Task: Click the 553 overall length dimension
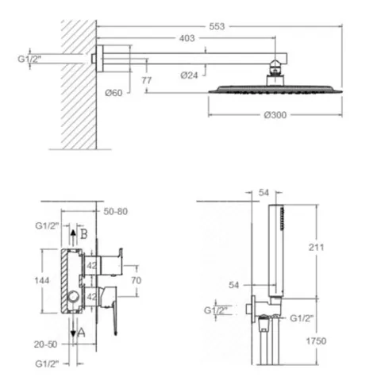click(217, 26)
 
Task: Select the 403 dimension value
click(187, 38)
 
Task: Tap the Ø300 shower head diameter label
click(275, 115)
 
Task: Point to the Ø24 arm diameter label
click(189, 75)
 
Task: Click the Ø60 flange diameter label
click(113, 93)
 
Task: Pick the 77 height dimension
click(146, 80)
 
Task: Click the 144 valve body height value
click(42, 280)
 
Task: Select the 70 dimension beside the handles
click(137, 280)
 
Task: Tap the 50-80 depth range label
click(115, 212)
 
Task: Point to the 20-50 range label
click(45, 344)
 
